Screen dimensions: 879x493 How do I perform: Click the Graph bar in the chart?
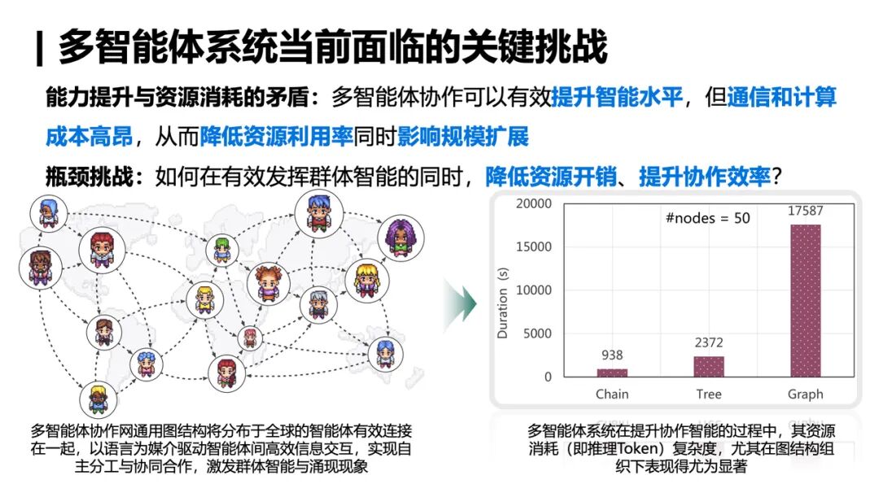(x=805, y=300)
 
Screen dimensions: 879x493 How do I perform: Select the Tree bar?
(x=709, y=366)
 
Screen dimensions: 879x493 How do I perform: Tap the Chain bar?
(x=612, y=373)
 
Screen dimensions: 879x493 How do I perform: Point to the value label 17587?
(x=805, y=211)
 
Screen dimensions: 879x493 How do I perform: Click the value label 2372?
(x=709, y=342)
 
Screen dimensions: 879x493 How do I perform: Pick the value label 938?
(x=612, y=355)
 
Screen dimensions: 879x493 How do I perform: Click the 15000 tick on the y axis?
(x=534, y=246)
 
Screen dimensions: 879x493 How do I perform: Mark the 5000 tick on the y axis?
(x=537, y=334)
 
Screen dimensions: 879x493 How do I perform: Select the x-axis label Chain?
(x=612, y=395)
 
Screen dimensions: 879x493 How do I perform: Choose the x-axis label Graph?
(x=805, y=395)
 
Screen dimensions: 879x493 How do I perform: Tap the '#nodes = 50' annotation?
(x=707, y=218)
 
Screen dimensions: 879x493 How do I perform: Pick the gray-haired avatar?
(x=318, y=305)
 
